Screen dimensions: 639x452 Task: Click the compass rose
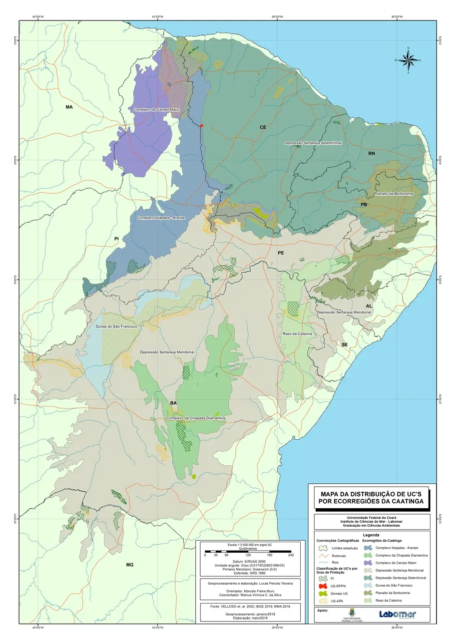(x=409, y=60)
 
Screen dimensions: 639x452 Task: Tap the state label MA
(x=69, y=107)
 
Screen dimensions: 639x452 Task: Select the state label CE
(x=263, y=127)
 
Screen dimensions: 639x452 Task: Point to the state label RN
(x=371, y=153)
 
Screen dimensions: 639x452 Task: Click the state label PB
(x=364, y=205)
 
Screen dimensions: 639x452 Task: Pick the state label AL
(x=369, y=306)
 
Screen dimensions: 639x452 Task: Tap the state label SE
(x=344, y=345)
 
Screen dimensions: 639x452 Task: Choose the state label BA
(x=173, y=403)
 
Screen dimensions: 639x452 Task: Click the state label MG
(x=130, y=565)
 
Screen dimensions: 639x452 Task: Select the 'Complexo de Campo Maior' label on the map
(x=156, y=109)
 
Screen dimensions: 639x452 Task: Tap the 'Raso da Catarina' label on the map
(x=298, y=333)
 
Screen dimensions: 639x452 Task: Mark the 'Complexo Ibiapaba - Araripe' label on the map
(x=161, y=218)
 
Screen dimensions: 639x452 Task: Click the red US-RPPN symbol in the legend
(x=322, y=585)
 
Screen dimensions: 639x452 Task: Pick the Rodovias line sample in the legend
(x=322, y=555)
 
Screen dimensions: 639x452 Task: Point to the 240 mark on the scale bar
(x=291, y=555)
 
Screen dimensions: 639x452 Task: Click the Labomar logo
(x=397, y=615)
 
